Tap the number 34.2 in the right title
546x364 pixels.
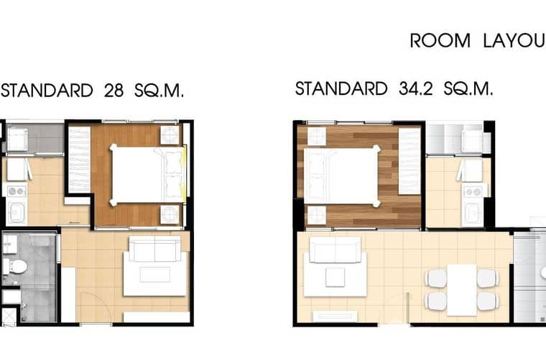pyautogui.click(x=414, y=89)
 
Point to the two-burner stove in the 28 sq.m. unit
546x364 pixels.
pyautogui.click(x=16, y=191)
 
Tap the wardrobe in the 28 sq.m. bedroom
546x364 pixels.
pyautogui.click(x=79, y=160)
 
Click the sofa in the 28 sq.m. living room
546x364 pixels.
pyautogui.click(x=154, y=250)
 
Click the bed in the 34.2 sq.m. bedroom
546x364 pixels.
pyautogui.click(x=341, y=176)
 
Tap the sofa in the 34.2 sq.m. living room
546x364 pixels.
pyautogui.click(x=335, y=250)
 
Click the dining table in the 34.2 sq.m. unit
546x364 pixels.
pyautogui.click(x=461, y=288)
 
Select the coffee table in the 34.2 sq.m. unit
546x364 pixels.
pyautogui.click(x=335, y=276)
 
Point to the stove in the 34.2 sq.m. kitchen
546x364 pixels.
pyautogui.click(x=472, y=191)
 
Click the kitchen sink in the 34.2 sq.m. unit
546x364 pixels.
pyautogui.click(x=472, y=213)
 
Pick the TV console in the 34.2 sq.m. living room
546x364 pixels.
pyautogui.click(x=335, y=315)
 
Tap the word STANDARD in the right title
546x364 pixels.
pyautogui.click(x=341, y=89)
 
